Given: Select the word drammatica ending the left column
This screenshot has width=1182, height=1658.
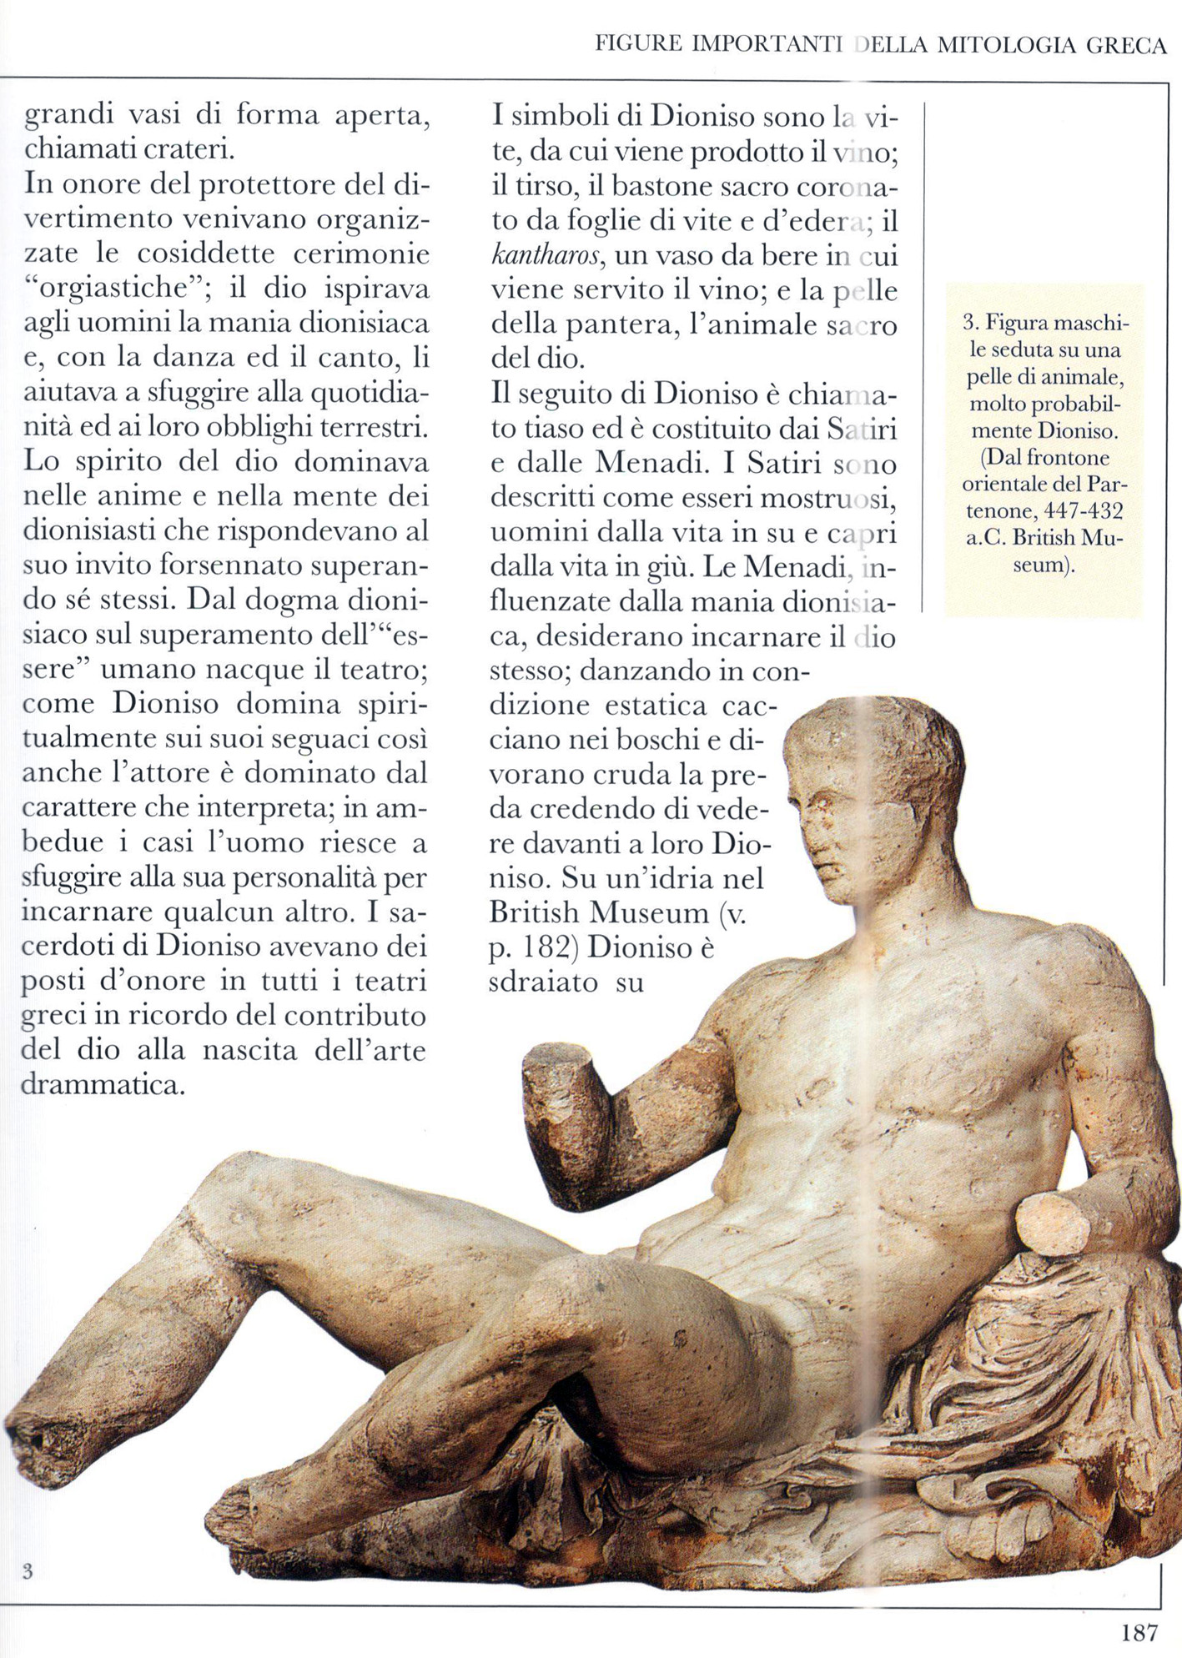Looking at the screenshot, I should click(x=103, y=1085).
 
